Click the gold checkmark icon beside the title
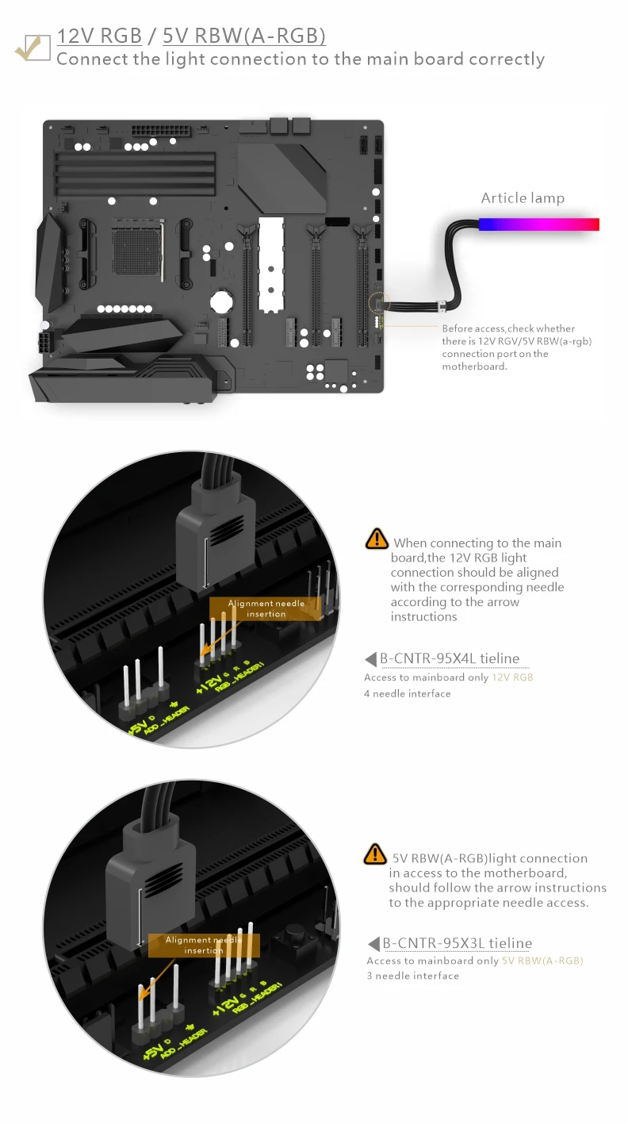tap(33, 47)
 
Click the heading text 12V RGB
tap(100, 36)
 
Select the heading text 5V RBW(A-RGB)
tap(243, 36)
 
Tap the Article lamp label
tap(523, 198)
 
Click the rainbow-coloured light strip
tap(538, 224)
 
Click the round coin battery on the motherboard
tap(220, 301)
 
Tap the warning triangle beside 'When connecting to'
tap(376, 539)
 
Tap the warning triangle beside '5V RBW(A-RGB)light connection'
tap(374, 854)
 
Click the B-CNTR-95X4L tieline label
tap(450, 658)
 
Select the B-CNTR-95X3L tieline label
tap(457, 943)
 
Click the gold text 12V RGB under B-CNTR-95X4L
tap(512, 677)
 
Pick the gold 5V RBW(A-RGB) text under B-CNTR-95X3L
tap(542, 961)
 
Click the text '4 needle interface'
tap(407, 693)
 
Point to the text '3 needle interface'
tap(412, 976)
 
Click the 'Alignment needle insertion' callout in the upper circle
tap(266, 608)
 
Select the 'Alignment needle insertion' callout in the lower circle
tap(204, 945)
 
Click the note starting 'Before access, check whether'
tap(508, 347)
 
